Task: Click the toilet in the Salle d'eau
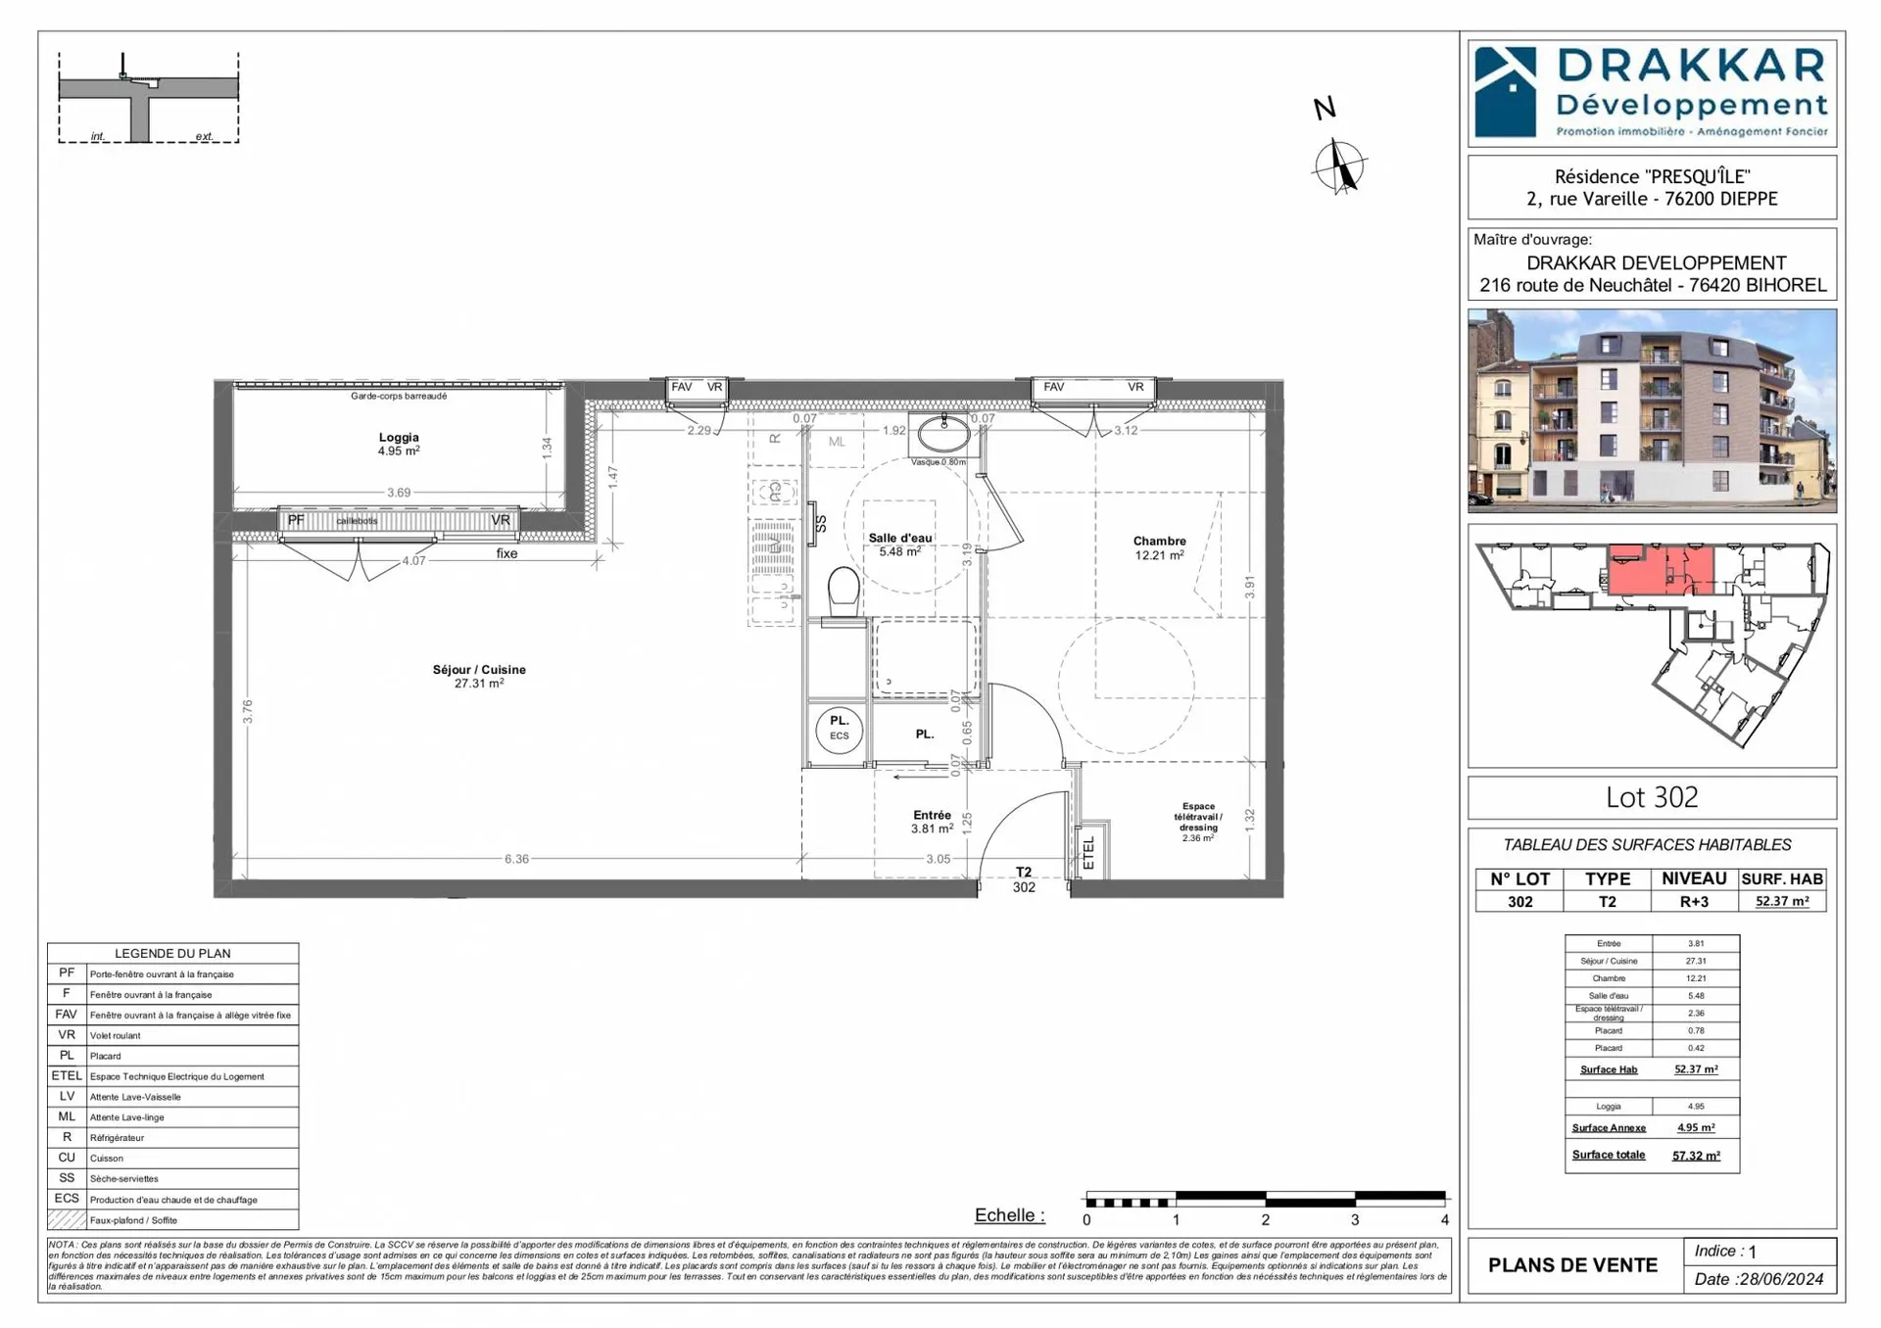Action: tap(844, 592)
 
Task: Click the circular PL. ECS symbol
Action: tap(840, 729)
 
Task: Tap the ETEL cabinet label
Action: tap(1088, 853)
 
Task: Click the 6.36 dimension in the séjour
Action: tap(516, 859)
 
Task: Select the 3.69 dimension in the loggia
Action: tap(399, 493)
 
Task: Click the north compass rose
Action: tap(1339, 166)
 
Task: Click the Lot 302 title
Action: tap(1652, 797)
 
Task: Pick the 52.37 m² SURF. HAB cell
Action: tap(1781, 901)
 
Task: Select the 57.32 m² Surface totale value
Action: tap(1695, 1156)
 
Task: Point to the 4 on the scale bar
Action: tap(1444, 1219)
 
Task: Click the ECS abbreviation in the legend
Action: tap(67, 1199)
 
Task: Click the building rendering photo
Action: tap(1652, 411)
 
